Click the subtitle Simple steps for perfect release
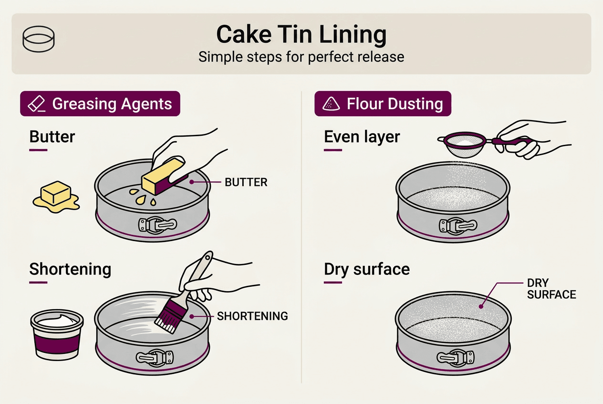[x=301, y=57]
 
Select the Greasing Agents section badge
[x=100, y=104]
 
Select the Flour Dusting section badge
[x=383, y=104]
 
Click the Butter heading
[x=52, y=137]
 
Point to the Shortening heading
[x=70, y=269]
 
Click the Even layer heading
[x=362, y=137]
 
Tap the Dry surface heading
[x=366, y=269]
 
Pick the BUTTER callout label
[x=246, y=182]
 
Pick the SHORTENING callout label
[x=252, y=316]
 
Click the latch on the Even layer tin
[x=457, y=225]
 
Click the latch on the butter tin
[x=156, y=225]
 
